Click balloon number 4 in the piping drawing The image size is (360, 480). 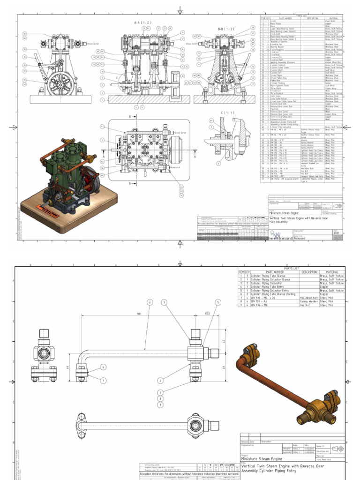pos(150,302)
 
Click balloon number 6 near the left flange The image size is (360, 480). pos(103,367)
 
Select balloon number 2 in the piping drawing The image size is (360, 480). pos(160,381)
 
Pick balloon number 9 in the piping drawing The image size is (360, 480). pos(160,404)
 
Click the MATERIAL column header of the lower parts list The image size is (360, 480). pos(333,272)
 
